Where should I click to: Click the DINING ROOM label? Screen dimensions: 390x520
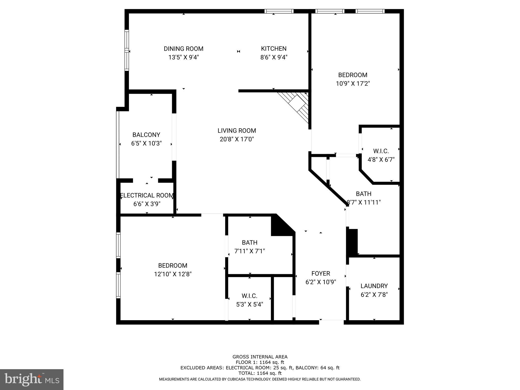tap(183, 49)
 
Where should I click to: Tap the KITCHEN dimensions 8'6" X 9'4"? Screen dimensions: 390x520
tap(274, 57)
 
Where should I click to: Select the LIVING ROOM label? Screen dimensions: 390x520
tap(237, 131)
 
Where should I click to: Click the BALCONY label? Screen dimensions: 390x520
tap(146, 135)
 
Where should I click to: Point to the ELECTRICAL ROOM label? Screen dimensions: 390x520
tap(147, 195)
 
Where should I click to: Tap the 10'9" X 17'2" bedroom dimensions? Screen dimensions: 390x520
tap(353, 84)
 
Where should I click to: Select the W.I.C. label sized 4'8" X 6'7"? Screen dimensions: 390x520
tap(381, 151)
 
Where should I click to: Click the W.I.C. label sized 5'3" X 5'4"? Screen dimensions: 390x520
tap(249, 296)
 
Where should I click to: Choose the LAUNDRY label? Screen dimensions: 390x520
tap(374, 286)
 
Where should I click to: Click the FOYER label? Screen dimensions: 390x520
tap(321, 273)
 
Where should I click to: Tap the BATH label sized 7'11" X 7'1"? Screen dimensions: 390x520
tap(250, 242)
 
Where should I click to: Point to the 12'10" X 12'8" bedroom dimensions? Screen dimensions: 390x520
tap(173, 274)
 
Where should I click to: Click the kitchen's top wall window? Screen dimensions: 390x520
tap(279, 11)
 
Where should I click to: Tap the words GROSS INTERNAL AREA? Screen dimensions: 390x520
tap(260, 357)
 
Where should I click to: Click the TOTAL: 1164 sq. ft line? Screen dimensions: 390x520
tap(260, 373)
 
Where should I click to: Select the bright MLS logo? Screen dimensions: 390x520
tap(32, 379)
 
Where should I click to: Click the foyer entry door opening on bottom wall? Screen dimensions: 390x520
tap(331, 322)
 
